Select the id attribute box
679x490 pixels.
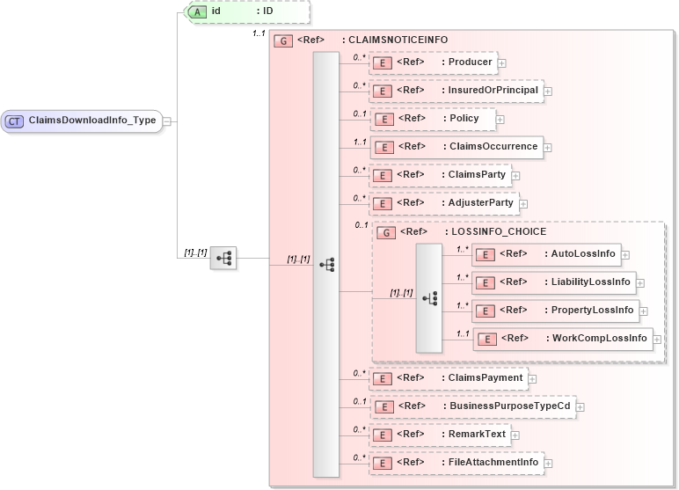tap(246, 11)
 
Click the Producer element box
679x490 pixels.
tap(432, 62)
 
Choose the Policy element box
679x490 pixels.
tap(432, 119)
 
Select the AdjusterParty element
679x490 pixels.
tap(442, 203)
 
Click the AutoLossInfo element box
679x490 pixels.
tap(545, 254)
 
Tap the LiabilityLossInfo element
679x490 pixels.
tap(553, 282)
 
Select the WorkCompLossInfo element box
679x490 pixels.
tap(562, 339)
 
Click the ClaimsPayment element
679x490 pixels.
tap(447, 378)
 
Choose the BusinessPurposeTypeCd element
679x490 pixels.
tap(471, 406)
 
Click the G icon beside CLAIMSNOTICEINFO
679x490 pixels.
tap(282, 40)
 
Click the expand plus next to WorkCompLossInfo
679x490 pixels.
tap(657, 339)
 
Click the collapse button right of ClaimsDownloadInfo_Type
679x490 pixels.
tap(167, 121)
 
